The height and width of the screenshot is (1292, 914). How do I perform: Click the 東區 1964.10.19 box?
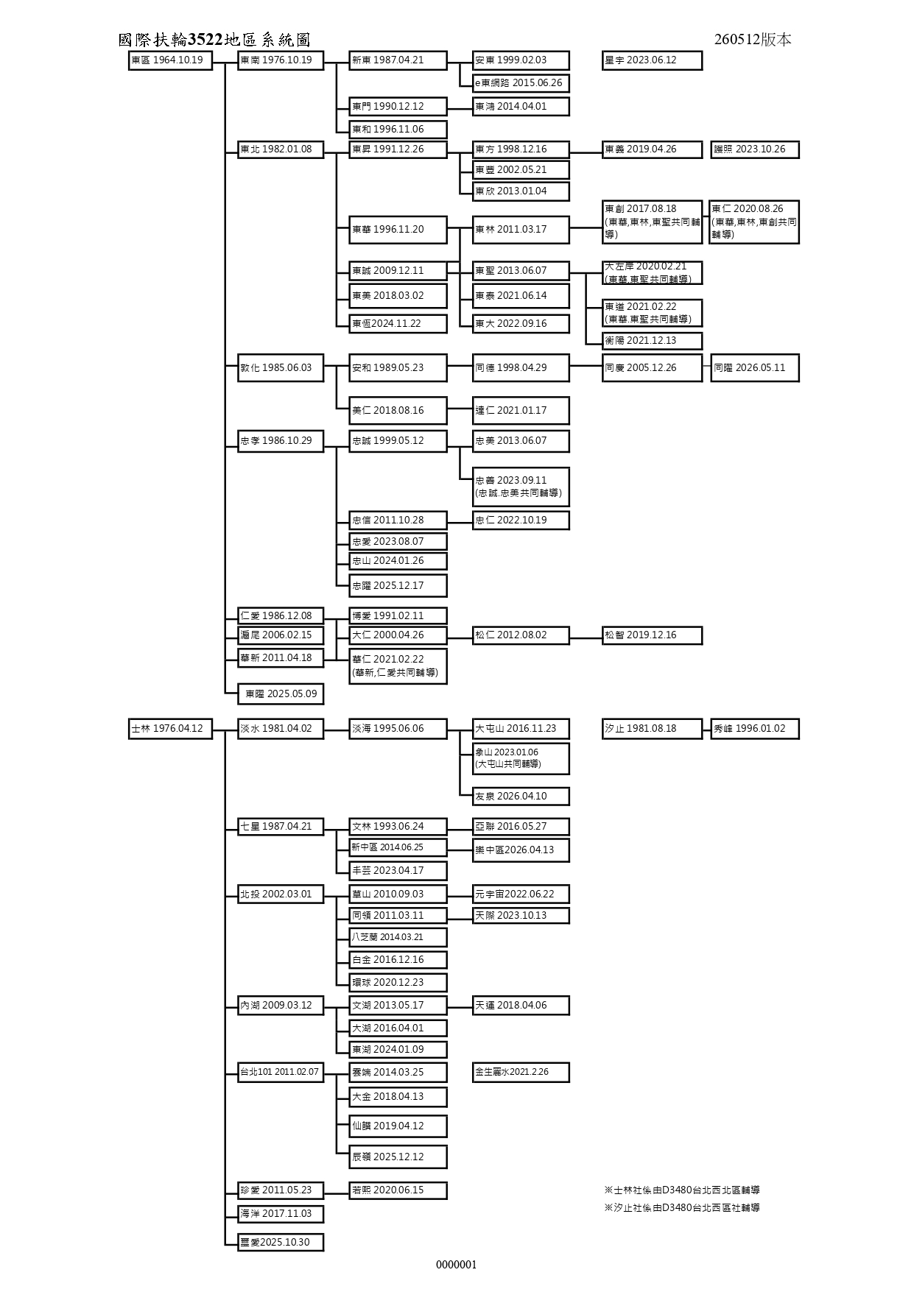click(170, 60)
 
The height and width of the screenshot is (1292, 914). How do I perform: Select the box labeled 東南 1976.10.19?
click(281, 60)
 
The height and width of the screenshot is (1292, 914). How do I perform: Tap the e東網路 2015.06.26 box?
click(521, 83)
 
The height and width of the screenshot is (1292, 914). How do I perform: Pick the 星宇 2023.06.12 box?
click(652, 60)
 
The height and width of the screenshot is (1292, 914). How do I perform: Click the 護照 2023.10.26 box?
click(755, 149)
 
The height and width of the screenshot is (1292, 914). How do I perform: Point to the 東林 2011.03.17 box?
click(521, 230)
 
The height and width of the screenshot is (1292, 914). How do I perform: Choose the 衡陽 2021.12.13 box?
click(652, 341)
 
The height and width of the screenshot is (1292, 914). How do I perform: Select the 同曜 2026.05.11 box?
click(755, 368)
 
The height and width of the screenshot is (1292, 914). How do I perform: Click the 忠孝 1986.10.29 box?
click(281, 441)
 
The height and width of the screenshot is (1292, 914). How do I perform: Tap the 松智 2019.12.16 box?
click(652, 635)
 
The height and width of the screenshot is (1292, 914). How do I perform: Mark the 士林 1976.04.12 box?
click(170, 729)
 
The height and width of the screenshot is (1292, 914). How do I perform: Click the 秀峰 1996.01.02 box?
click(755, 729)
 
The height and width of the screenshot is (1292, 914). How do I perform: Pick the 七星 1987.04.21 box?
click(281, 827)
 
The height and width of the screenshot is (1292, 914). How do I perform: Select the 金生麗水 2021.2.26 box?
click(521, 1072)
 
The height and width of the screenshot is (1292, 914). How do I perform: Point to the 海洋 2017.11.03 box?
click(281, 1214)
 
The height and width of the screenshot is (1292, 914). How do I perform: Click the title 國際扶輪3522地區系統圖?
click(214, 40)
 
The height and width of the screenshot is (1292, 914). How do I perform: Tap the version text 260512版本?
click(753, 40)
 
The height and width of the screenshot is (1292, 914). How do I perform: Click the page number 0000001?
click(457, 1265)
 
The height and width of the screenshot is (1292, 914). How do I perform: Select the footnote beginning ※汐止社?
click(682, 1207)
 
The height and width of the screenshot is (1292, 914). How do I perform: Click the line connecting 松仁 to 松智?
click(586, 635)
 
